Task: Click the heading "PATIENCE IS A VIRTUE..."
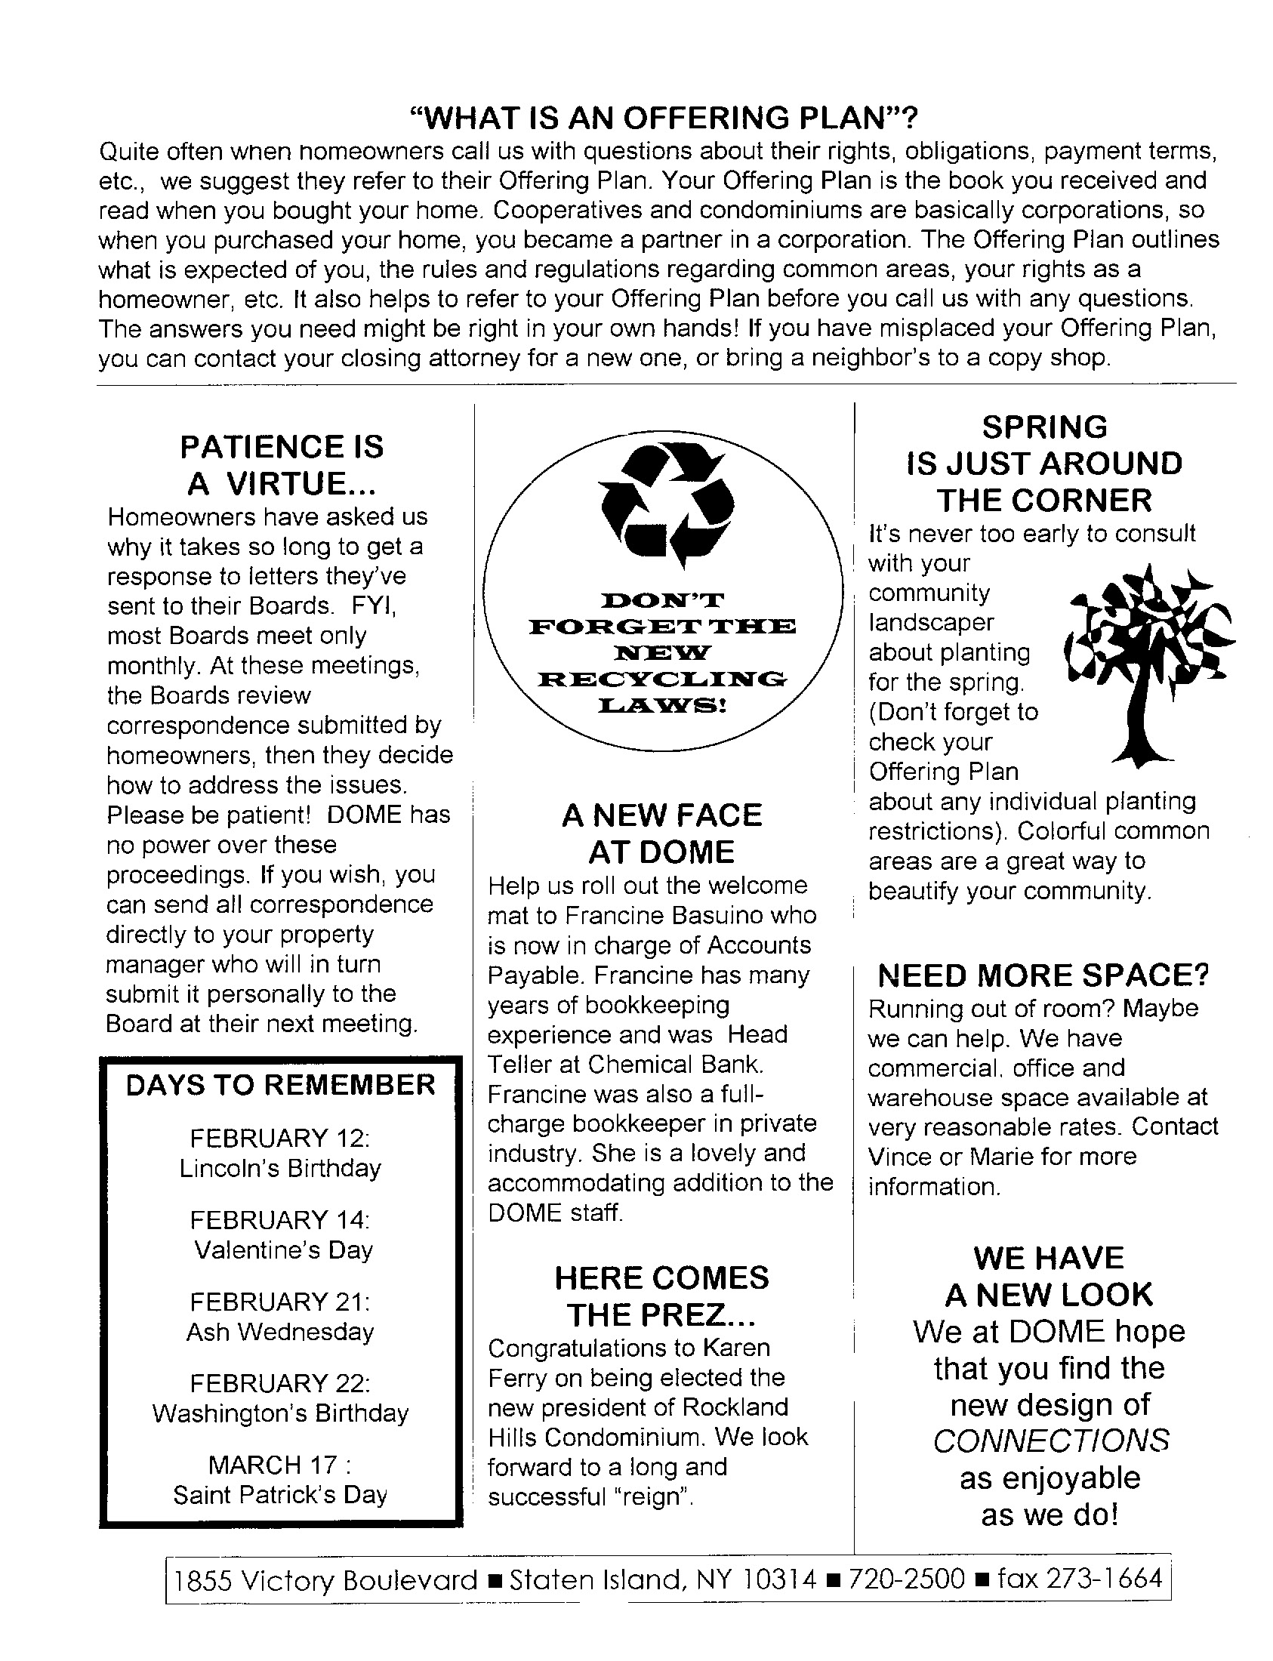coord(281,464)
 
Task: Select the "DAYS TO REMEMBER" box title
coord(280,1085)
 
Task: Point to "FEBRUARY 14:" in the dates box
coord(279,1220)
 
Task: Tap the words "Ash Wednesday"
coord(279,1331)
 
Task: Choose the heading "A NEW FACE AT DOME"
coord(661,834)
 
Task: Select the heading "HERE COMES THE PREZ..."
coord(661,1296)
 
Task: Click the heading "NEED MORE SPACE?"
coord(1043,976)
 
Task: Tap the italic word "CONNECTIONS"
coord(1050,1441)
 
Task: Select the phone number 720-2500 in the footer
coord(906,1579)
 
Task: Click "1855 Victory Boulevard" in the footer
coord(326,1580)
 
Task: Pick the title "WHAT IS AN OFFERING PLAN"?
coord(663,119)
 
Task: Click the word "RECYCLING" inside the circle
coord(662,679)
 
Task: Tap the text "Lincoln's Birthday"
coord(279,1168)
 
